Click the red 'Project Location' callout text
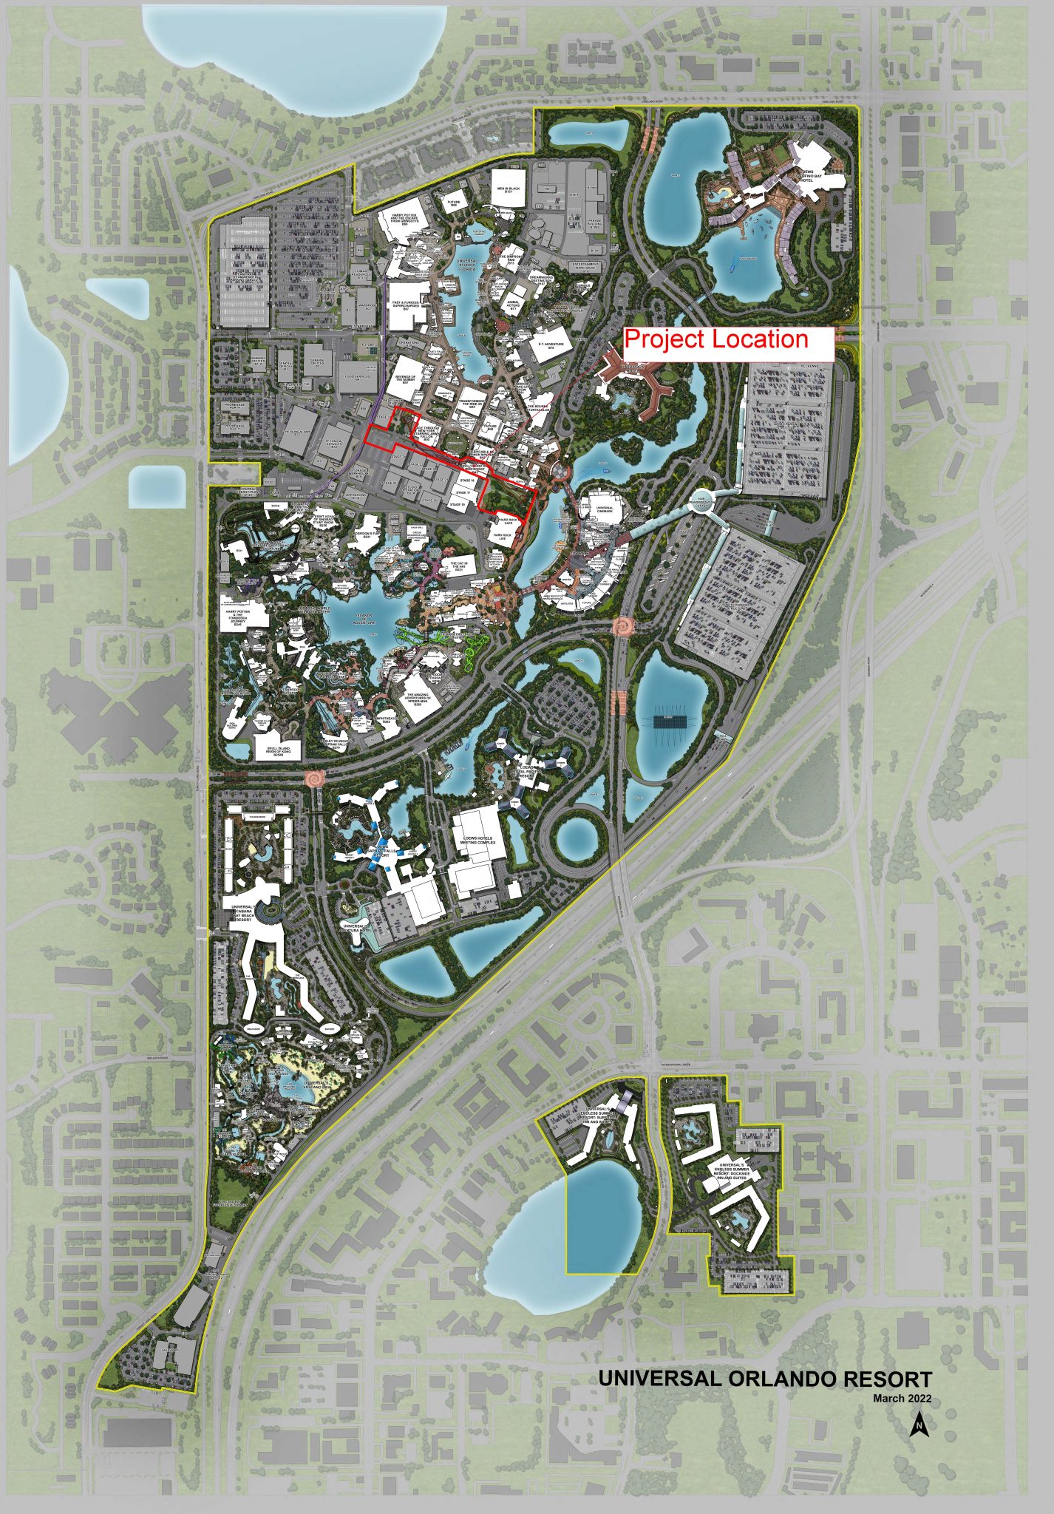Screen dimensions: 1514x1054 click(x=716, y=339)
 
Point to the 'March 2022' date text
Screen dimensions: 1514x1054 click(x=901, y=1398)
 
